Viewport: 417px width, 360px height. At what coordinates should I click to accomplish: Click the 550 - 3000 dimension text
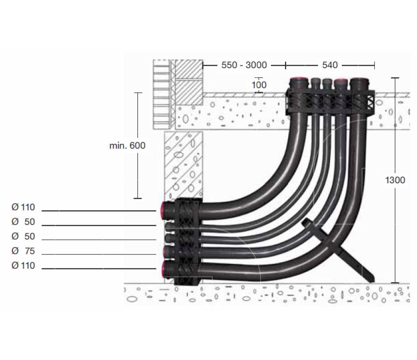coord(244,65)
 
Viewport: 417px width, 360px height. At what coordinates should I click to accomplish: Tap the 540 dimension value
coord(330,65)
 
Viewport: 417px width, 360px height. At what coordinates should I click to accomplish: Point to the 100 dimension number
coord(259,85)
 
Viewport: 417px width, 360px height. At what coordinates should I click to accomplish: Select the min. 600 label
coord(127,146)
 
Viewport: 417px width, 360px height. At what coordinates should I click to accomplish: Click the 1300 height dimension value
coord(395,180)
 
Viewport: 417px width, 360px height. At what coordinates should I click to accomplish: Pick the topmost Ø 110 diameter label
coord(23,207)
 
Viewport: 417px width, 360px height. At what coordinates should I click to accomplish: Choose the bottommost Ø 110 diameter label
coord(23,266)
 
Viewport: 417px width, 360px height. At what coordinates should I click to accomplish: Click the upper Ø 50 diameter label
coord(23,222)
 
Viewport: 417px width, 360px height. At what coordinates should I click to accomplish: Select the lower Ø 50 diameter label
coord(23,237)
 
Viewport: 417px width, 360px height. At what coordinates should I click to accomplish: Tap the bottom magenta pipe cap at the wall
coord(165,268)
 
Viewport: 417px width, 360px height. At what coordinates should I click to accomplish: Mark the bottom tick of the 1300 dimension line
coord(395,283)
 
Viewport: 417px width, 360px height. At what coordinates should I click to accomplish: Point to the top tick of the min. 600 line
coord(138,93)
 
